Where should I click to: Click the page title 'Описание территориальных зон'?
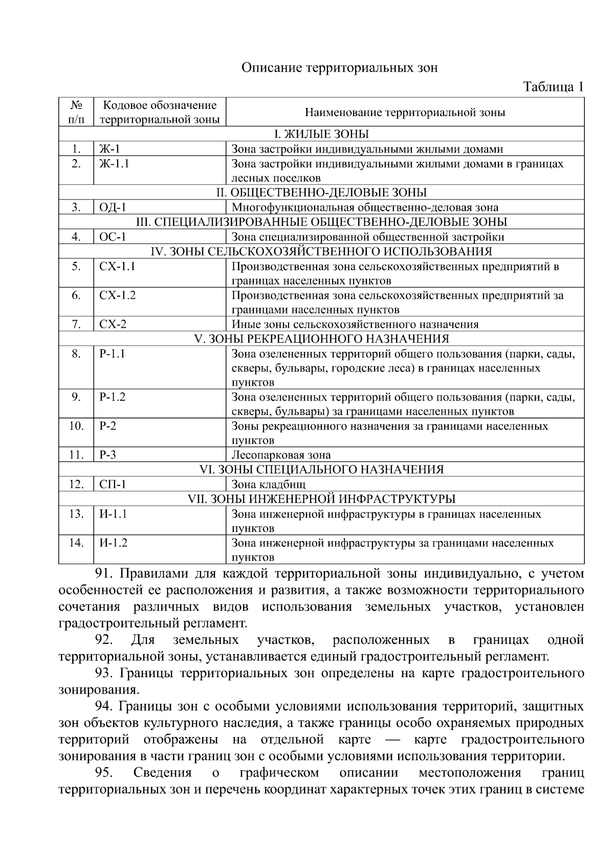[x=340, y=68]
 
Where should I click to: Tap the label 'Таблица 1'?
[x=553, y=87]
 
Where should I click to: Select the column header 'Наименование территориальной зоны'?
[x=405, y=112]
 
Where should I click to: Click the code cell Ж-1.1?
[x=114, y=164]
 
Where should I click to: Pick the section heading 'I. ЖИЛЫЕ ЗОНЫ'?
[x=321, y=134]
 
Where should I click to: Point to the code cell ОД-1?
[x=113, y=207]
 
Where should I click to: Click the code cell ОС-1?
[x=113, y=237]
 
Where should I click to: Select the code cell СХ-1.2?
[x=117, y=295]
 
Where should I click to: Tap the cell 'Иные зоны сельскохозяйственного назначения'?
[x=355, y=324]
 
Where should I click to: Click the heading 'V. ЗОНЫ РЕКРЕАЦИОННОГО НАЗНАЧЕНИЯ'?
[x=321, y=339]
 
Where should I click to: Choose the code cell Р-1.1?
[x=112, y=353]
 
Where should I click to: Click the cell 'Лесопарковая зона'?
[x=281, y=455]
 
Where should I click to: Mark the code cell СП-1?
[x=113, y=484]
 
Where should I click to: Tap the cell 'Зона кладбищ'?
[x=269, y=484]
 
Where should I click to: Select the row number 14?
[x=76, y=543]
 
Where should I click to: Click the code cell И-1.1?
[x=113, y=514]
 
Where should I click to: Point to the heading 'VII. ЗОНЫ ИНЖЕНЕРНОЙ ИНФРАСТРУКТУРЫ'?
[x=321, y=499]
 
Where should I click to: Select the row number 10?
[x=76, y=426]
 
